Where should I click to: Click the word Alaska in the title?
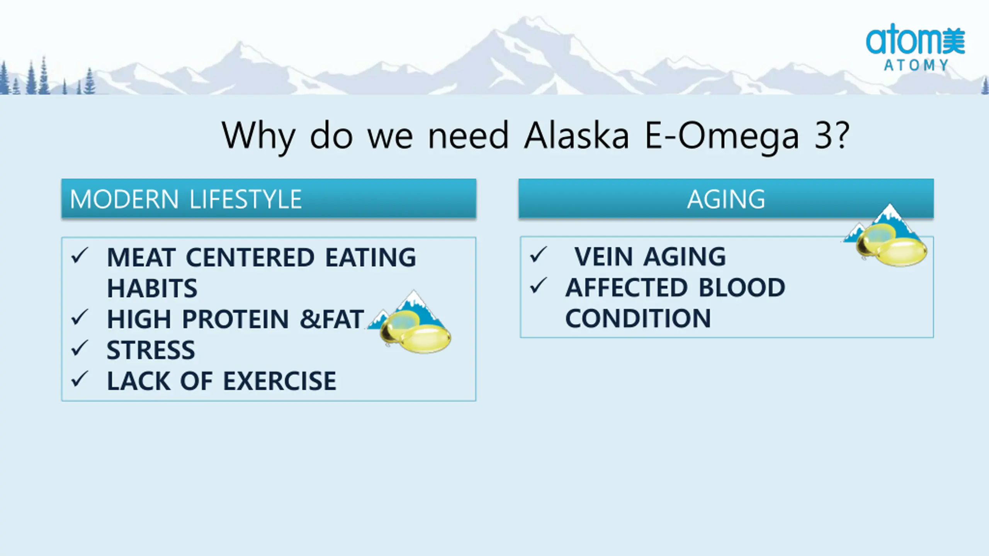[576, 136]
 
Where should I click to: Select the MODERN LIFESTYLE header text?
[185, 199]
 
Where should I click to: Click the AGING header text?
[726, 199]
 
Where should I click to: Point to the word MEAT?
[141, 257]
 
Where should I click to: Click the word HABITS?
[152, 288]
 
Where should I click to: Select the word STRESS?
[151, 350]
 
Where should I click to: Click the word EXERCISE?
[280, 381]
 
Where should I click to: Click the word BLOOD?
[742, 287]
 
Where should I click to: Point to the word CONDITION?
[638, 318]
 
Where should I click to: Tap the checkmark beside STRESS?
[80, 349]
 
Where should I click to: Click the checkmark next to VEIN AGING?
[539, 254]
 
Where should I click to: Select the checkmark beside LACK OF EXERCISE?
[80, 380]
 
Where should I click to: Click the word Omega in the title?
[738, 136]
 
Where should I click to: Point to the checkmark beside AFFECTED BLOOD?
[539, 286]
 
